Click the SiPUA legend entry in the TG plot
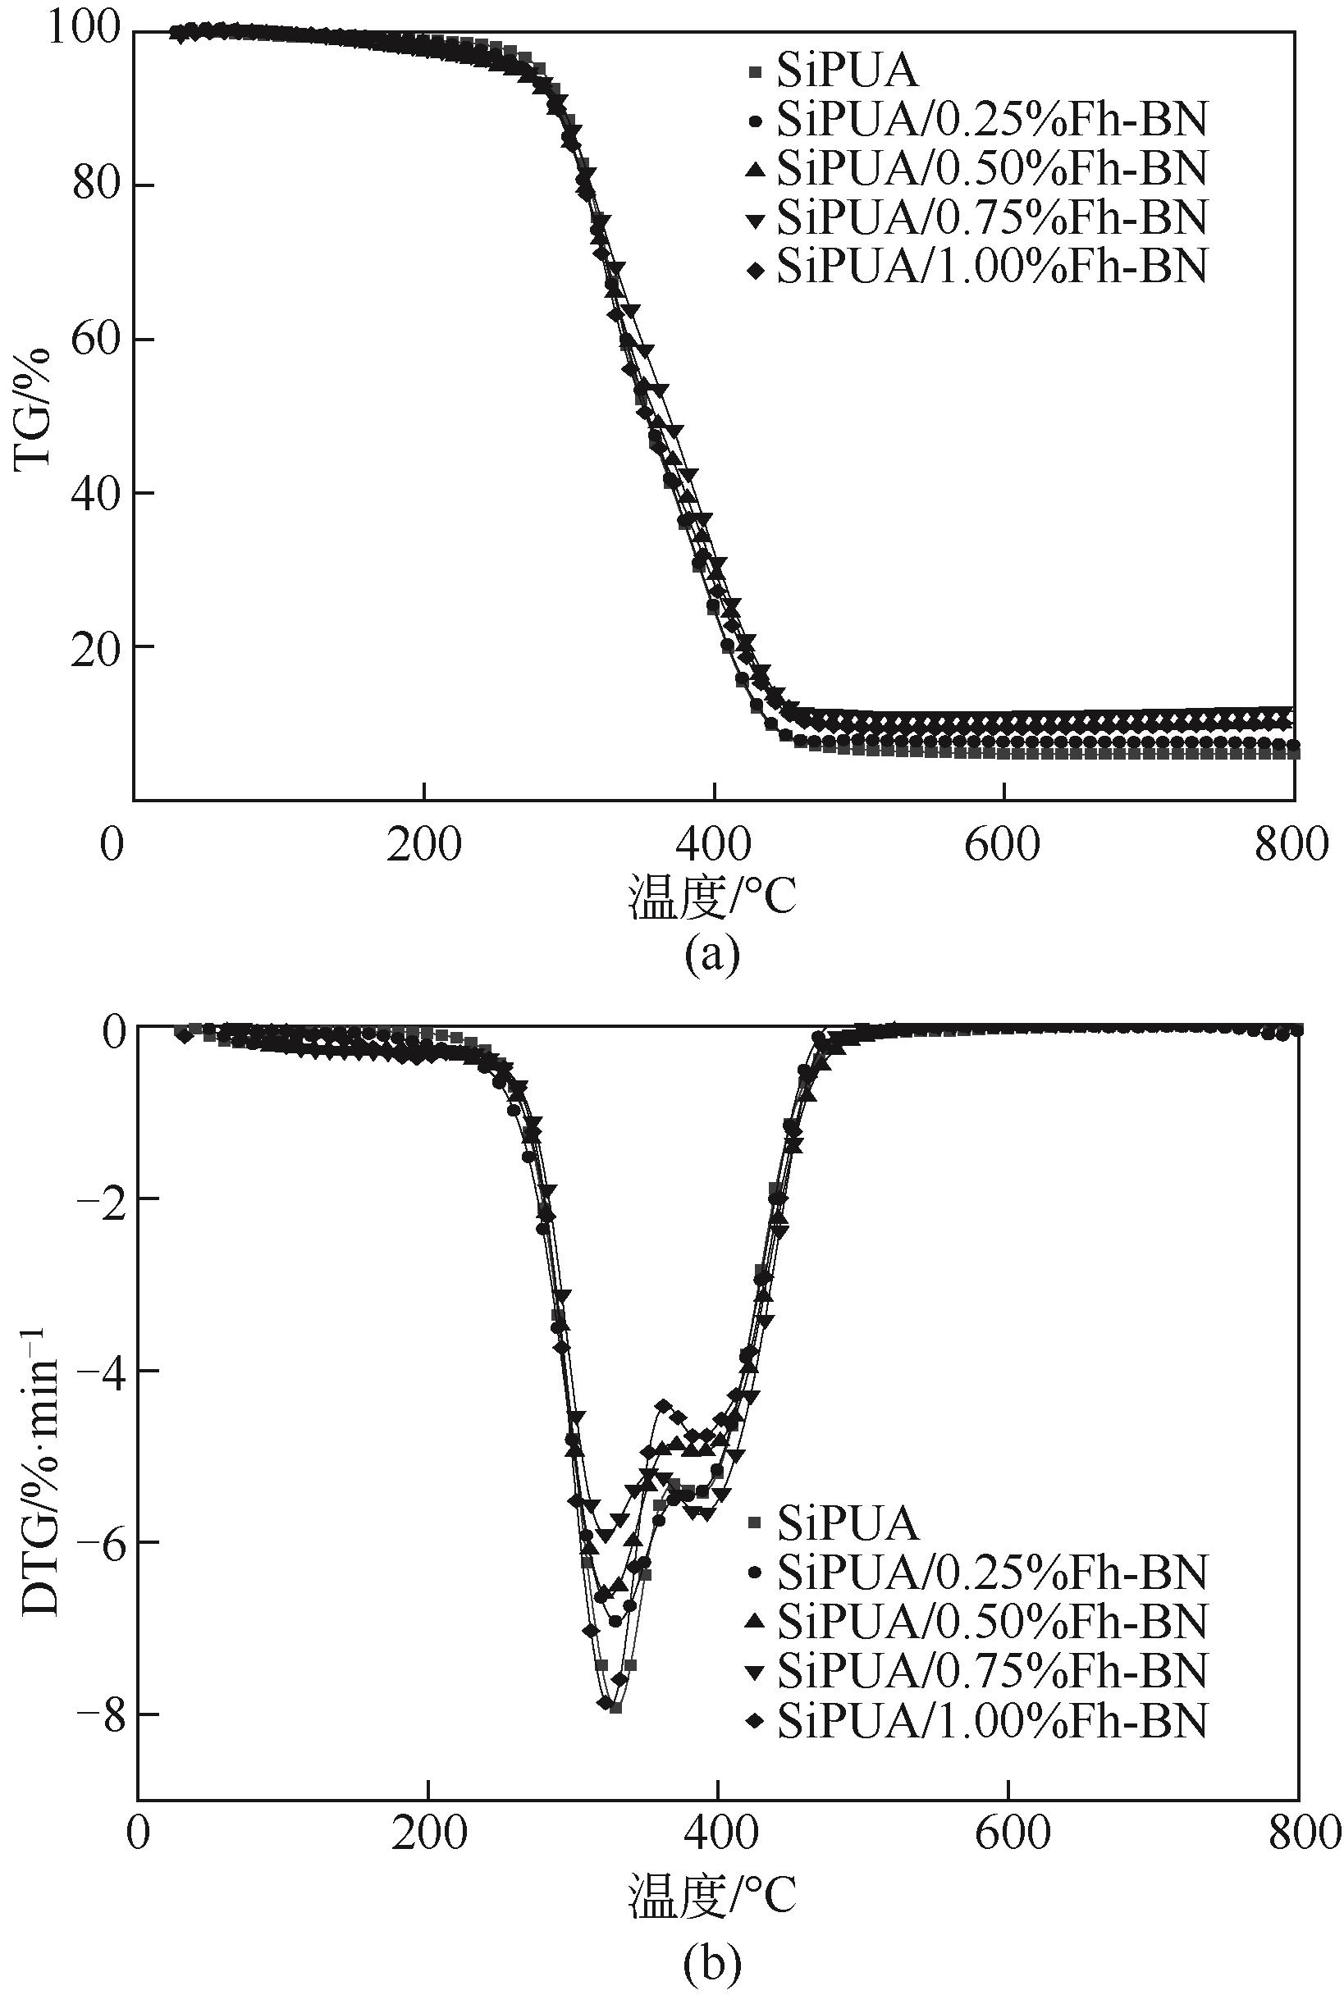click(x=847, y=72)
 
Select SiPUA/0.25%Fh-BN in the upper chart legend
click(x=991, y=121)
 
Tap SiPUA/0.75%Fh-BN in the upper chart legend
click(x=991, y=217)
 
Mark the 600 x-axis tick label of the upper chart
click(x=1003, y=845)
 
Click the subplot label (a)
click(x=712, y=954)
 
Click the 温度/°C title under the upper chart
click(x=712, y=898)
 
